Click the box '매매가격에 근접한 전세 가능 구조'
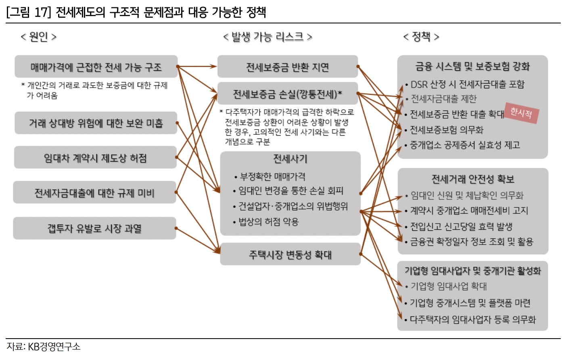(x=96, y=67)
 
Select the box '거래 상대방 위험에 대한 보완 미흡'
(x=96, y=123)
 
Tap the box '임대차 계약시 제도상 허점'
(x=95, y=158)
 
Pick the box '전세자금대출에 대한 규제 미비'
(x=94, y=193)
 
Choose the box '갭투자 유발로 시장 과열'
(x=94, y=228)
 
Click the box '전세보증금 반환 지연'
(x=287, y=67)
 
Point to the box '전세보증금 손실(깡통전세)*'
(x=287, y=94)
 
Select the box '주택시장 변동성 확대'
(x=290, y=254)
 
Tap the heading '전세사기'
(x=290, y=159)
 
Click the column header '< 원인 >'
(x=38, y=37)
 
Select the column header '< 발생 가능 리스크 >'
(x=267, y=37)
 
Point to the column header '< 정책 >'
(x=421, y=37)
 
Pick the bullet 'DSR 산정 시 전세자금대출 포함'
(x=467, y=84)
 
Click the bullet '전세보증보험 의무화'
(x=446, y=130)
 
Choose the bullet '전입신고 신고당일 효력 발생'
(x=461, y=226)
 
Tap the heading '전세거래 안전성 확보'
(x=472, y=179)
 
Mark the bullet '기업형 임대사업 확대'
(x=448, y=287)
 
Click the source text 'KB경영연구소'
(x=54, y=347)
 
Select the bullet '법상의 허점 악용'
(x=268, y=222)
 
